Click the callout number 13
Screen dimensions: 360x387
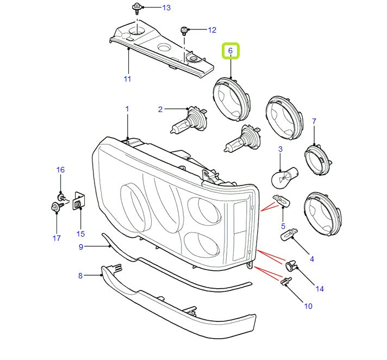point(166,8)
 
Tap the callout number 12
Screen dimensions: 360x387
point(212,30)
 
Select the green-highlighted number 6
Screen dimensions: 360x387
point(230,51)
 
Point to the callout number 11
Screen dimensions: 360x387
point(127,79)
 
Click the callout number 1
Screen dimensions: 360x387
point(127,109)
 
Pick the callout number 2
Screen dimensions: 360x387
point(160,110)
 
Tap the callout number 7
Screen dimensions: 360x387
point(314,121)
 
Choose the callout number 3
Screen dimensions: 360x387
point(280,148)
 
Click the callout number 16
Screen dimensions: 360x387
point(60,170)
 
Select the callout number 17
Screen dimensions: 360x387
point(57,238)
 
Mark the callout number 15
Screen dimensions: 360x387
point(80,234)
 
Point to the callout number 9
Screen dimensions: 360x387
point(80,247)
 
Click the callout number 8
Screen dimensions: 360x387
point(80,276)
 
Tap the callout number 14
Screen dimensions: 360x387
point(320,289)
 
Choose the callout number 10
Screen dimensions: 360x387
point(308,306)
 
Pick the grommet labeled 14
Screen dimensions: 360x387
point(291,266)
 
